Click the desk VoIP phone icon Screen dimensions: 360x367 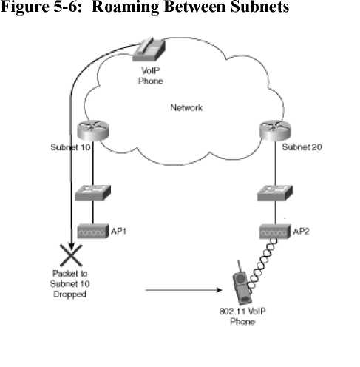149,50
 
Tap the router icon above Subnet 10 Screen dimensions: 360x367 92,130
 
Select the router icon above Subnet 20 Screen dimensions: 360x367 275,130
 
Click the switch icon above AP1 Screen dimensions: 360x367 92,192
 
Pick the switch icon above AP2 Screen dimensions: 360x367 275,192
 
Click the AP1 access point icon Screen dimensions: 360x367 92,231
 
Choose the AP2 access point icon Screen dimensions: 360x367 274,232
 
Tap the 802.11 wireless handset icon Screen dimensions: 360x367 242,285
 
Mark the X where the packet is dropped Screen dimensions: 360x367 71,255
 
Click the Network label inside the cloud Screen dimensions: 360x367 186,107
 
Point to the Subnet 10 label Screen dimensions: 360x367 70,147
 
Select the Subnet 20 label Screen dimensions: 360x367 302,147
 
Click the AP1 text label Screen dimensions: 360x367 118,231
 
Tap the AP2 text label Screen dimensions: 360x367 301,232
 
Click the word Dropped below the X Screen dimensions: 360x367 69,294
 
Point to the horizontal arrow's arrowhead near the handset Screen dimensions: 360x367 219,290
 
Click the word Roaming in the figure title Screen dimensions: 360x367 125,7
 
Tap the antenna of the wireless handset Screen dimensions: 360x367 239,267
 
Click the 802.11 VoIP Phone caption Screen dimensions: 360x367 242,317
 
